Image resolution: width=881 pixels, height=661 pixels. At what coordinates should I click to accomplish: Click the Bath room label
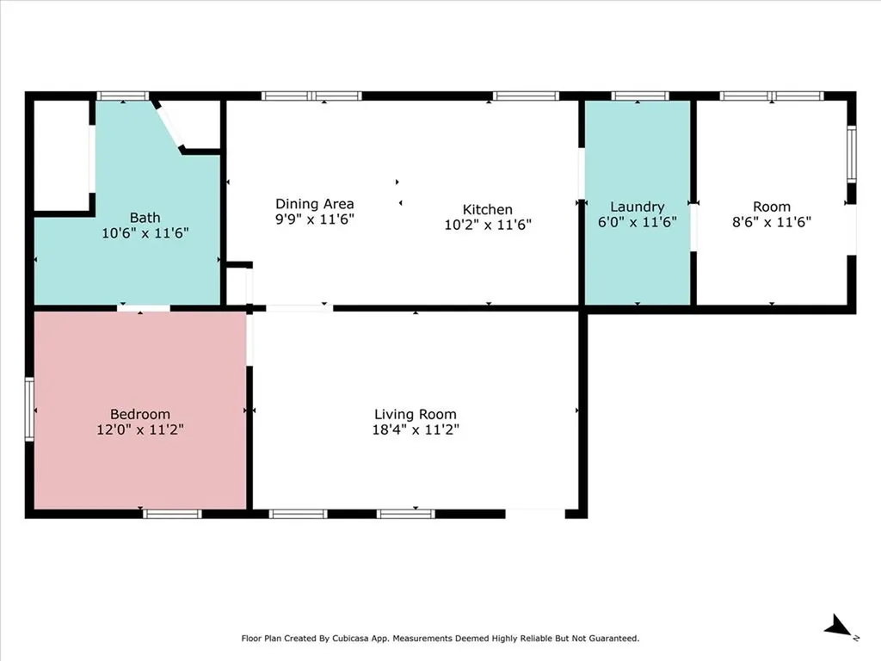tap(145, 217)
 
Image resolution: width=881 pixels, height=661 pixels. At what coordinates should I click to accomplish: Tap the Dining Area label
tap(315, 204)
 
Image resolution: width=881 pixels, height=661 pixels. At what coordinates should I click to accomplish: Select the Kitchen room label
tap(488, 209)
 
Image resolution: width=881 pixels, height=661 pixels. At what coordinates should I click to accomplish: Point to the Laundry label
tap(638, 207)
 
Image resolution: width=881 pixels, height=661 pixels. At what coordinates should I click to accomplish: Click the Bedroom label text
tap(140, 414)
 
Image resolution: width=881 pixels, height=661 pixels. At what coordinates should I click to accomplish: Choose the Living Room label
tap(416, 414)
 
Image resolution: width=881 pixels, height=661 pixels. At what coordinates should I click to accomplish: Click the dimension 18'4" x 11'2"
tap(416, 429)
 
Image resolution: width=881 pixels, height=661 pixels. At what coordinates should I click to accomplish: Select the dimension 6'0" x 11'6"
tap(638, 222)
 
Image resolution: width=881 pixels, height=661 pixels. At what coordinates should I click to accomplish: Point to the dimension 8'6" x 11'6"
tap(772, 222)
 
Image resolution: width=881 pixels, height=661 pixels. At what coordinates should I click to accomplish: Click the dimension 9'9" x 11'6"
tap(315, 219)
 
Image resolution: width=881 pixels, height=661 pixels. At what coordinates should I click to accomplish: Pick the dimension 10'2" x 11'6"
tap(488, 225)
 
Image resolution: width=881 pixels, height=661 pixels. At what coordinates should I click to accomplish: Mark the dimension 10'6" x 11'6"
tap(145, 232)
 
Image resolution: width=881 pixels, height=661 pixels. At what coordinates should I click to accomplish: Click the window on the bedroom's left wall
tap(29, 409)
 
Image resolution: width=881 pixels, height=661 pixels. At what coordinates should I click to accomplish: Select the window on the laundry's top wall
tap(639, 96)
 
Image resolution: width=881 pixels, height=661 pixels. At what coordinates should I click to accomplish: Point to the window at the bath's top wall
tap(122, 96)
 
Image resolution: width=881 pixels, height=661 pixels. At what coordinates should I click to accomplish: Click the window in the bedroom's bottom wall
tap(172, 514)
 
